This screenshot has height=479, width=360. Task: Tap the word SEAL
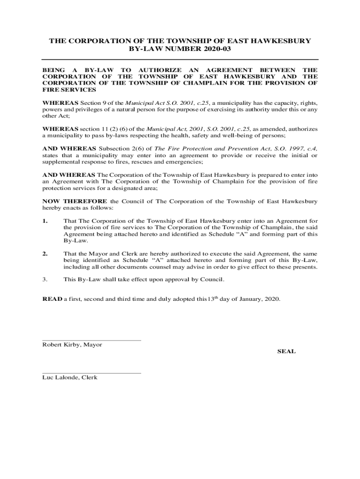(x=286, y=351)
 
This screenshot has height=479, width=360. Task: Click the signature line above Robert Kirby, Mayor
(x=92, y=341)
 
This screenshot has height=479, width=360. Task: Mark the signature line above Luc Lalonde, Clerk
(x=92, y=373)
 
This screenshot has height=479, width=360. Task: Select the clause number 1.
(x=45, y=221)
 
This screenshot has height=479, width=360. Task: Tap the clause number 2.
(x=45, y=254)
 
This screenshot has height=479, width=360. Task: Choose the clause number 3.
(x=45, y=280)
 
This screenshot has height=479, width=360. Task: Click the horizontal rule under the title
(x=180, y=59)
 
